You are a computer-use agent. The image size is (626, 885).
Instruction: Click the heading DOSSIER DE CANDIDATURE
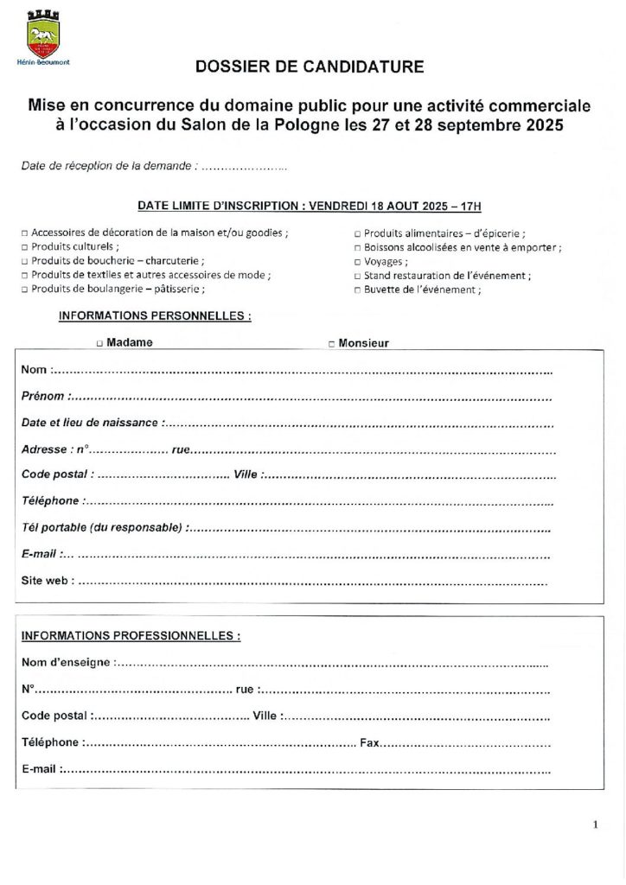[x=310, y=67]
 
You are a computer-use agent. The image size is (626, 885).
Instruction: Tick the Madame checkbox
[x=99, y=343]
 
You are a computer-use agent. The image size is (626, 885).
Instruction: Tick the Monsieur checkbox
[x=332, y=344]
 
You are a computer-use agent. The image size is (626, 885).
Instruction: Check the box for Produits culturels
[x=24, y=246]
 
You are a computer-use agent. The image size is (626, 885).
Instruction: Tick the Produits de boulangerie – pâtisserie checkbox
[x=24, y=290]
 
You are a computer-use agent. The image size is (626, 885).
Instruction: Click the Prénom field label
[x=43, y=397]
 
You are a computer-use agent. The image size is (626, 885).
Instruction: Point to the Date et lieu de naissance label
[x=90, y=423]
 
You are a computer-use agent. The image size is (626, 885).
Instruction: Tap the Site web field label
[x=48, y=582]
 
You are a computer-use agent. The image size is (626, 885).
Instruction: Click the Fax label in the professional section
[x=369, y=742]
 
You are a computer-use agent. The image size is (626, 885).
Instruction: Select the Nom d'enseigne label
[x=66, y=663]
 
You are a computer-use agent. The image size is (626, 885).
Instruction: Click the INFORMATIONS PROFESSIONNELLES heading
[x=131, y=636]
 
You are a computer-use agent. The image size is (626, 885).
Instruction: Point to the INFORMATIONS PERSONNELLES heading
[x=155, y=316]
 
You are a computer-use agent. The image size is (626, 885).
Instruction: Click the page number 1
[x=596, y=825]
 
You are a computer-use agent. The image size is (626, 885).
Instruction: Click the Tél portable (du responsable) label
[x=102, y=527]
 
